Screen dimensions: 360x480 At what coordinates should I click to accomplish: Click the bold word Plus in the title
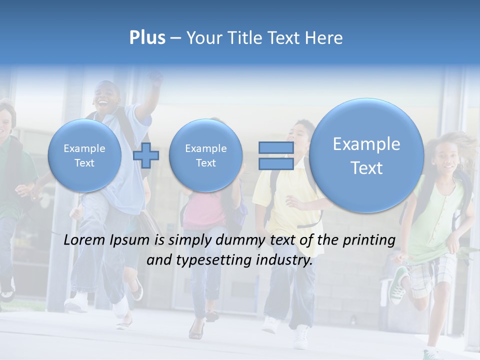147,38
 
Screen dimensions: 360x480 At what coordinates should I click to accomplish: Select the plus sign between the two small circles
146,155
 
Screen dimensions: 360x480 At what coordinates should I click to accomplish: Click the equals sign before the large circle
276,155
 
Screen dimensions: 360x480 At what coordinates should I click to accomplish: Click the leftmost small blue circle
84,155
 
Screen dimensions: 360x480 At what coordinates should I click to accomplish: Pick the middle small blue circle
206,155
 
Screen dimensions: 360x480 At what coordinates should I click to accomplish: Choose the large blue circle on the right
366,155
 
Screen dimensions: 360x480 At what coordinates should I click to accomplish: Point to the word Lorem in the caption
84,240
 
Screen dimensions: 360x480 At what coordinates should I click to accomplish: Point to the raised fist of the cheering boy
156,79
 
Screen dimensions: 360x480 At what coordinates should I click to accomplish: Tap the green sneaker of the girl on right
399,285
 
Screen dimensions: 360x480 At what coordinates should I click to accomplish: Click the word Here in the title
326,38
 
